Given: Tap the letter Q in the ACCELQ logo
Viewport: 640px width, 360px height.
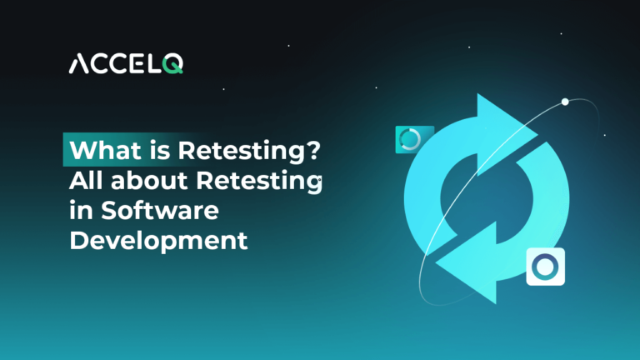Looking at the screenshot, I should [172, 64].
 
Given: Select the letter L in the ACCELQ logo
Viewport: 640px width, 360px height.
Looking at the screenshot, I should [153, 64].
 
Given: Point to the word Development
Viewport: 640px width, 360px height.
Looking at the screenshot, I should [158, 242].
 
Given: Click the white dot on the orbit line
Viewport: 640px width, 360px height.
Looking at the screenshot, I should [565, 102].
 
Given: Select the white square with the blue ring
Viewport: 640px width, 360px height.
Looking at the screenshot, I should [546, 267].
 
